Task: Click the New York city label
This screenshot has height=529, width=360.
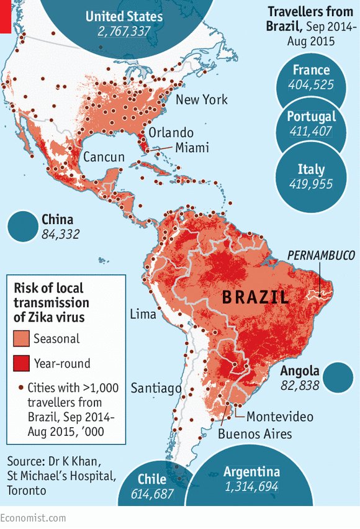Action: pos(201,100)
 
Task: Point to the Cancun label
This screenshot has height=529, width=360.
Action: pos(104,157)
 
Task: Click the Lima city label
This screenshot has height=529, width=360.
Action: pos(143,314)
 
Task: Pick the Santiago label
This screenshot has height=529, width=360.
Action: pos(156,388)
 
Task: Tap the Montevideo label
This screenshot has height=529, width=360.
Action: pos(280,416)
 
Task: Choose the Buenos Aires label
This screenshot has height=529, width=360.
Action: pos(254,433)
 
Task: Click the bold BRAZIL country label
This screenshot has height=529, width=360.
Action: pos(255,297)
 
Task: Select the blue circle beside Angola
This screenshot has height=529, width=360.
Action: pos(338,378)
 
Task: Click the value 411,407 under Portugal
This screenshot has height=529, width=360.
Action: pos(311,132)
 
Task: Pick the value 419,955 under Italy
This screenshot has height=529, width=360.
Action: pos(311,184)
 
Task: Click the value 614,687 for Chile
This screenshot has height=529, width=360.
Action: pos(152,494)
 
